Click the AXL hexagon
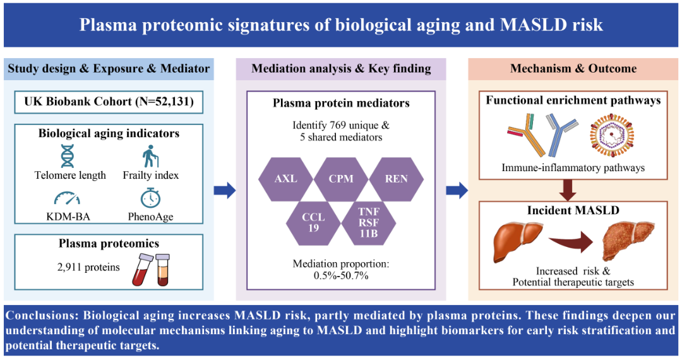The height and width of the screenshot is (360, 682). click(x=286, y=179)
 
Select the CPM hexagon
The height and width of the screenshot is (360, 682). click(x=341, y=179)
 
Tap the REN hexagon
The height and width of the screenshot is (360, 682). click(x=396, y=179)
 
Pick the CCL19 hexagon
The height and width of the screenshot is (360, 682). click(x=314, y=223)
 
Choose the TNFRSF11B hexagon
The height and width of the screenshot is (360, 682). click(x=368, y=223)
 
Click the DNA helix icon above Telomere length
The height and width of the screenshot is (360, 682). click(x=68, y=156)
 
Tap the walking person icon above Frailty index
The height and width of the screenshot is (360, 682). click(x=150, y=156)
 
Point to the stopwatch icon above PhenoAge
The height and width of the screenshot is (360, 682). click(x=150, y=198)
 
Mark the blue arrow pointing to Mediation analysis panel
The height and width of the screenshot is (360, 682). click(x=224, y=191)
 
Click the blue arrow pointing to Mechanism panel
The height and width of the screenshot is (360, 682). click(x=457, y=191)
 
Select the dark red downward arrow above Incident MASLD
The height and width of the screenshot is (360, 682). click(x=568, y=190)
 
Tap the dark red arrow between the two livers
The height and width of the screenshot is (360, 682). click(x=571, y=243)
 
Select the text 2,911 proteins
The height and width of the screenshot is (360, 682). click(x=88, y=267)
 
